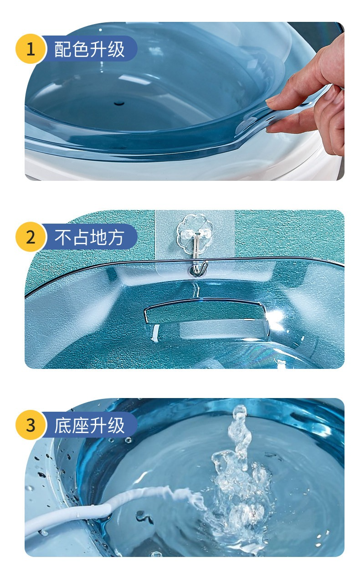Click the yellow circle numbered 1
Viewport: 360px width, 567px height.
point(31,49)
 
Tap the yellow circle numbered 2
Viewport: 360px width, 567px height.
point(31,237)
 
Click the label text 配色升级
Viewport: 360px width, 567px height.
point(89,49)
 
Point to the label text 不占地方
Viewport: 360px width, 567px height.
point(89,237)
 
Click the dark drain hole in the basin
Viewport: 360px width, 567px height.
point(119,103)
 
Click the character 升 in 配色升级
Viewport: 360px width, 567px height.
point(98,49)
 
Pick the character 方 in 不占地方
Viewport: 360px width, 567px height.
point(116,237)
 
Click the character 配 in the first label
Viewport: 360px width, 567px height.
point(63,49)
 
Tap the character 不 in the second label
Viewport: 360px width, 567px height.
point(63,237)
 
